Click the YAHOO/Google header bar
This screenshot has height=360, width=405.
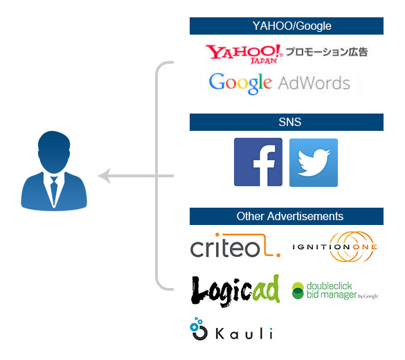click(287, 26)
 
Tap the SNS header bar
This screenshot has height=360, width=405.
click(287, 122)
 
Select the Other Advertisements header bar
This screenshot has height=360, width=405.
click(287, 217)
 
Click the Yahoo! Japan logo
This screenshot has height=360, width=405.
click(244, 54)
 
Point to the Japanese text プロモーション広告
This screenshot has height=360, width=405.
click(327, 52)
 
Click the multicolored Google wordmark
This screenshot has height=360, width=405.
click(240, 83)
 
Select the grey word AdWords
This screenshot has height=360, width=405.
click(314, 83)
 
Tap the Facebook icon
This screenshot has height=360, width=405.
click(258, 162)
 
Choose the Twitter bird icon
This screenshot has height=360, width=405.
click(314, 163)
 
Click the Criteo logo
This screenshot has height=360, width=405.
click(235, 245)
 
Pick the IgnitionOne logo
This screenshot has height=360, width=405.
click(335, 246)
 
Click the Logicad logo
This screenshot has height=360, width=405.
click(235, 291)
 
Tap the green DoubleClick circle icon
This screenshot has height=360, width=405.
click(298, 291)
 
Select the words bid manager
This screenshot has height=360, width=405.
click(332, 294)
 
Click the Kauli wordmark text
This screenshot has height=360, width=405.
click(244, 334)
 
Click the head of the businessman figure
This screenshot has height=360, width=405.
click(54, 152)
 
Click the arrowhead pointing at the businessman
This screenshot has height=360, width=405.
click(104, 176)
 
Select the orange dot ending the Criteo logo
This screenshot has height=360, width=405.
click(278, 255)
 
